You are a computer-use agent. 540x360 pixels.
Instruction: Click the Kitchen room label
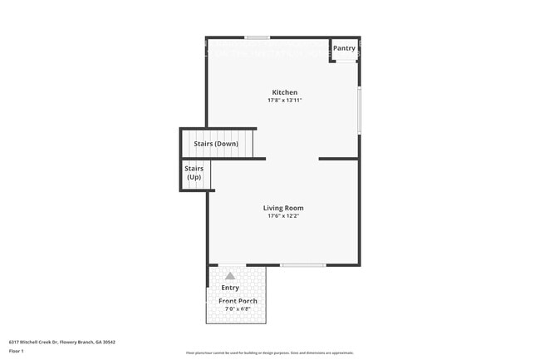[285, 92]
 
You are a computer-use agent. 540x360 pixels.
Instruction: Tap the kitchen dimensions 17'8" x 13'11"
[284, 101]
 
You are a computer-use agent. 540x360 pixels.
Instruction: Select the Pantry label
[345, 48]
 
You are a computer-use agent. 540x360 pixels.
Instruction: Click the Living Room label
[283, 208]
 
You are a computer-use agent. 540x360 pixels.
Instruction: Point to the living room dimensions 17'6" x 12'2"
[283, 217]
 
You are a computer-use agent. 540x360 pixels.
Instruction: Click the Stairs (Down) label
[216, 144]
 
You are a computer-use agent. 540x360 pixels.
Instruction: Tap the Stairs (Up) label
[194, 173]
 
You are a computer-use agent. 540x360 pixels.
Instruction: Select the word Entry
[230, 288]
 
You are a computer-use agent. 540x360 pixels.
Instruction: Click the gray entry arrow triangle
[230, 275]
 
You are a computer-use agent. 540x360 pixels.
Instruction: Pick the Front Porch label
[238, 301]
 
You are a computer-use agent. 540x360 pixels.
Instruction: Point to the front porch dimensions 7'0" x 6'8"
[238, 309]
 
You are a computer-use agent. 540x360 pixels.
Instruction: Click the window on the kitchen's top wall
[257, 37]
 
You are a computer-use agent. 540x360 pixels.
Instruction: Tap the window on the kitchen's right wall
[359, 111]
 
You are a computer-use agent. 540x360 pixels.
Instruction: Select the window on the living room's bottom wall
[302, 265]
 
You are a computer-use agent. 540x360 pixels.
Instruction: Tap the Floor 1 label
[17, 351]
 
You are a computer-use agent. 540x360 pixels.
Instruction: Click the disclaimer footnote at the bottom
[270, 353]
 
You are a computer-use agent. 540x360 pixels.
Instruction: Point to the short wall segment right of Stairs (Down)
[338, 158]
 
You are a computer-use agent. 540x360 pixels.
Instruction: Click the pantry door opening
[344, 61]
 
